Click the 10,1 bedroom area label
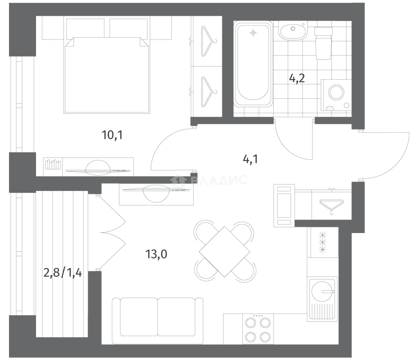[x=112, y=135]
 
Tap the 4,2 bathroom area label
[x=297, y=78]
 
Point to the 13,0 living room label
[x=156, y=254]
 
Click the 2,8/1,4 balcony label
[x=63, y=273]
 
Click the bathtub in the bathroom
[x=253, y=64]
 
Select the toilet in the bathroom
[x=323, y=43]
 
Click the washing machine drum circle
[x=336, y=93]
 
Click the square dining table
[x=224, y=252]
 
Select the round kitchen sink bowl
[x=322, y=291]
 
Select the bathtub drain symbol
[x=253, y=32]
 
